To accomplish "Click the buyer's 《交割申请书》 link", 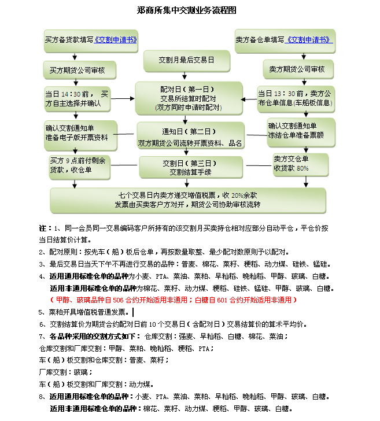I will coord(116,40).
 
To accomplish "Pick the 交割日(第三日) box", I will coord(190,167).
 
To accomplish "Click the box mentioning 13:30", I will coord(295,98).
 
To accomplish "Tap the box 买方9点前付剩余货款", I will coord(78,165).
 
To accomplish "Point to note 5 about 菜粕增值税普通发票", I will coord(87,312).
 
